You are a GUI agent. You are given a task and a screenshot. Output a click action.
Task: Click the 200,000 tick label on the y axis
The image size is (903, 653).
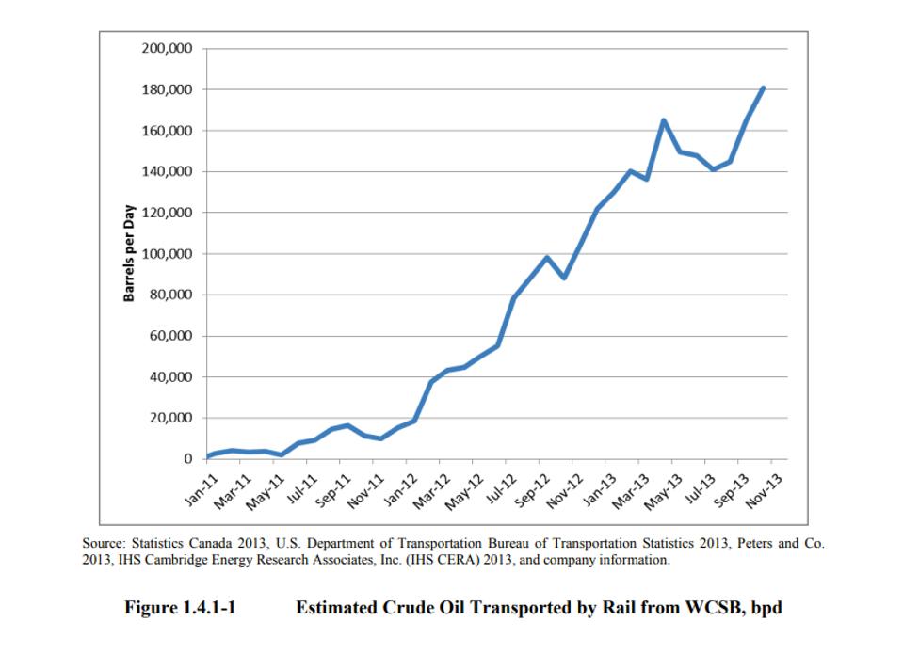click(x=167, y=49)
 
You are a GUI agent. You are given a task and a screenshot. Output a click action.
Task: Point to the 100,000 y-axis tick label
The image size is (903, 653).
click(x=167, y=254)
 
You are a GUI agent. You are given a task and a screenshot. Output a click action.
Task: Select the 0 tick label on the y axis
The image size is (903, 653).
click(x=187, y=459)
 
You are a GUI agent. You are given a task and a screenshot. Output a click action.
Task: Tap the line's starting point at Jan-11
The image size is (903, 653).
click(x=208, y=457)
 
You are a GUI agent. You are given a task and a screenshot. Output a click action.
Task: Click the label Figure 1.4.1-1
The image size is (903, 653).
click(x=180, y=608)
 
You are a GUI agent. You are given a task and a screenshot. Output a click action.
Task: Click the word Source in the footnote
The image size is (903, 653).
click(x=104, y=544)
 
